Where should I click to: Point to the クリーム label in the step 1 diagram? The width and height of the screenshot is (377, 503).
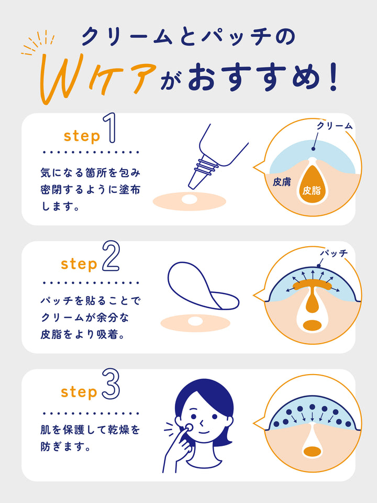pyautogui.click(x=334, y=126)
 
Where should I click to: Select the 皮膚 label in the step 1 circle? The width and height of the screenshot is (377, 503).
pyautogui.click(x=282, y=182)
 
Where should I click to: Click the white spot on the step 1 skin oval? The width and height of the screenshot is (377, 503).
pyautogui.click(x=189, y=200)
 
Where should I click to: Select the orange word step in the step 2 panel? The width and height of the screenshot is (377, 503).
pyautogui.click(x=79, y=264)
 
